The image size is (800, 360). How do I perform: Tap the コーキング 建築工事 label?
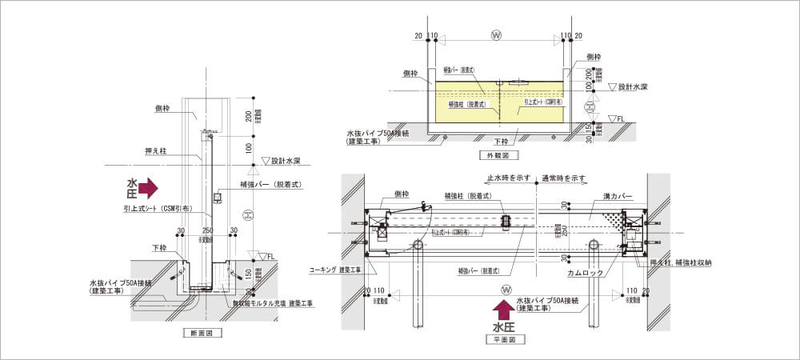[x=335, y=270]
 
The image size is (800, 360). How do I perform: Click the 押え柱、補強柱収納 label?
[x=682, y=261]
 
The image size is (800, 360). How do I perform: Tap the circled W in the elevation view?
[x=495, y=35]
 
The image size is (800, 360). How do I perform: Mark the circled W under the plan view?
[x=505, y=289]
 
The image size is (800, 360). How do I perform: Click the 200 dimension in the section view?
[x=249, y=116]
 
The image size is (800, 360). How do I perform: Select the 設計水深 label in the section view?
[x=286, y=160]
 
